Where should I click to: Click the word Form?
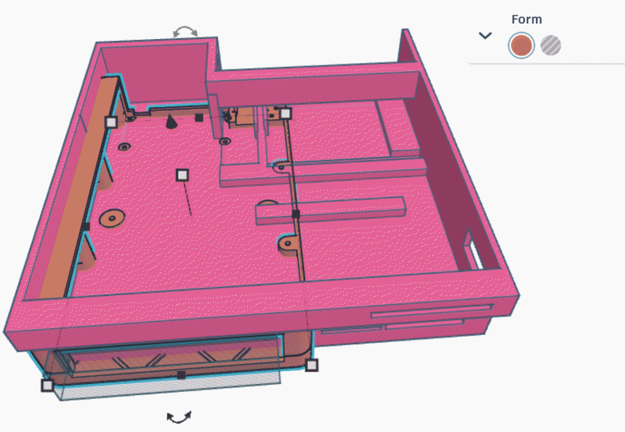527,19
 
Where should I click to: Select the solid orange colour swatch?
521,45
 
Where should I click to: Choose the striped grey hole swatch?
551,45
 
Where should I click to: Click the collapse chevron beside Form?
485,35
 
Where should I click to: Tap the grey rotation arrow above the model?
185,31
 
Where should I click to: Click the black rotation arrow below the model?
179,417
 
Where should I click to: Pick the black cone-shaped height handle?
171,121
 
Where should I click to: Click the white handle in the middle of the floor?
182,175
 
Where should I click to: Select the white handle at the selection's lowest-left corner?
47,386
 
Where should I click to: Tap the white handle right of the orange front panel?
312,365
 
